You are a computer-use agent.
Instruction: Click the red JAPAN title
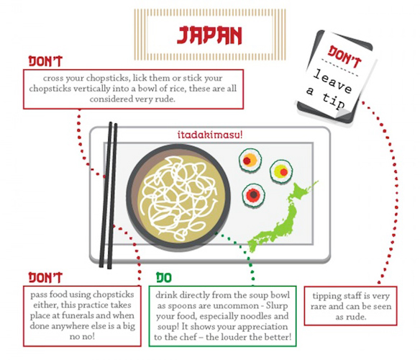pyautogui.click(x=209, y=35)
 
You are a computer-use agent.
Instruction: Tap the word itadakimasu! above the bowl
pyautogui.click(x=210, y=135)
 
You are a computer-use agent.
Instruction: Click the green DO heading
pyautogui.click(x=164, y=278)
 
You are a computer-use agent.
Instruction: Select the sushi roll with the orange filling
pyautogui.click(x=250, y=161)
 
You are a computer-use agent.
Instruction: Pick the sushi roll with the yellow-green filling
pyautogui.click(x=281, y=171)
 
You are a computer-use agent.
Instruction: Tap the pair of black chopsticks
pyautogui.click(x=108, y=195)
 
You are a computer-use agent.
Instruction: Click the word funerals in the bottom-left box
pyautogui.click(x=82, y=316)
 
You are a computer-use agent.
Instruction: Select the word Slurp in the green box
pyautogui.click(x=277, y=306)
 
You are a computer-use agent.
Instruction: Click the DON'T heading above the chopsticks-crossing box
pyautogui.click(x=45, y=61)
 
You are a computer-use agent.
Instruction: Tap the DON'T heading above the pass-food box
pyautogui.click(x=45, y=278)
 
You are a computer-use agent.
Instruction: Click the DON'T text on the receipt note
pyautogui.click(x=344, y=57)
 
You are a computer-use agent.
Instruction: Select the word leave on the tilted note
pyautogui.click(x=332, y=81)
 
